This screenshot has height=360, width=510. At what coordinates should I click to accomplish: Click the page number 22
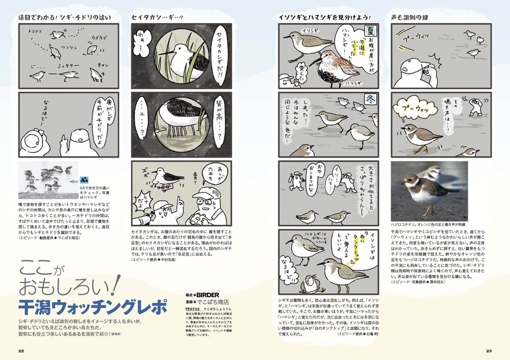pos(21,351)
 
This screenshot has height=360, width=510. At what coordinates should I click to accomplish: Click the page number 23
pos(488,351)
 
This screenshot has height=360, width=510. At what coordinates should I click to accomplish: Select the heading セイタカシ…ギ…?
pos(157,17)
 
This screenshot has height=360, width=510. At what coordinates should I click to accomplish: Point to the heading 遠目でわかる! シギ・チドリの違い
pos(65,17)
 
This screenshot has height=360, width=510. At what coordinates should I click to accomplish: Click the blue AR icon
pos(84,181)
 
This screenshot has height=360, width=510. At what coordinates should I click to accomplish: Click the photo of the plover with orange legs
pos(428,191)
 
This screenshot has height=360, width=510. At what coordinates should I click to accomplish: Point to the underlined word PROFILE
pos(193,308)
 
